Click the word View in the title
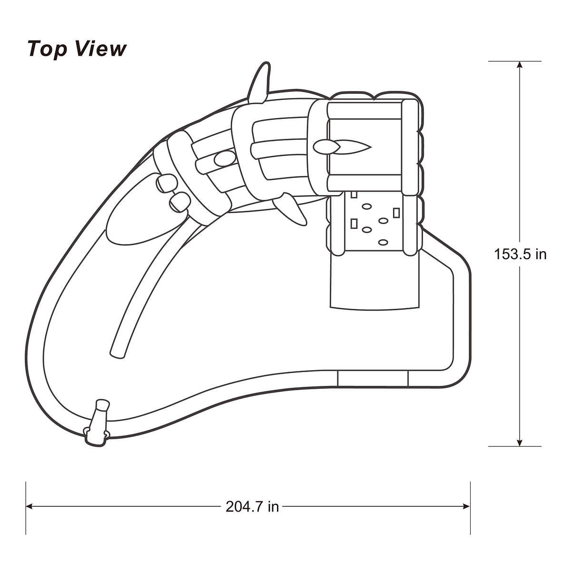tap(100, 49)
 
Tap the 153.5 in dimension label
tap(520, 254)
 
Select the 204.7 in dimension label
tap(252, 507)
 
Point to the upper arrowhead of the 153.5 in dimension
tap(519, 65)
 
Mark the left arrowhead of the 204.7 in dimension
tap(30, 506)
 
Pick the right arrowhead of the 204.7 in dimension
tap(466, 506)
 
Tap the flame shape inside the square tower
tap(342, 147)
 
